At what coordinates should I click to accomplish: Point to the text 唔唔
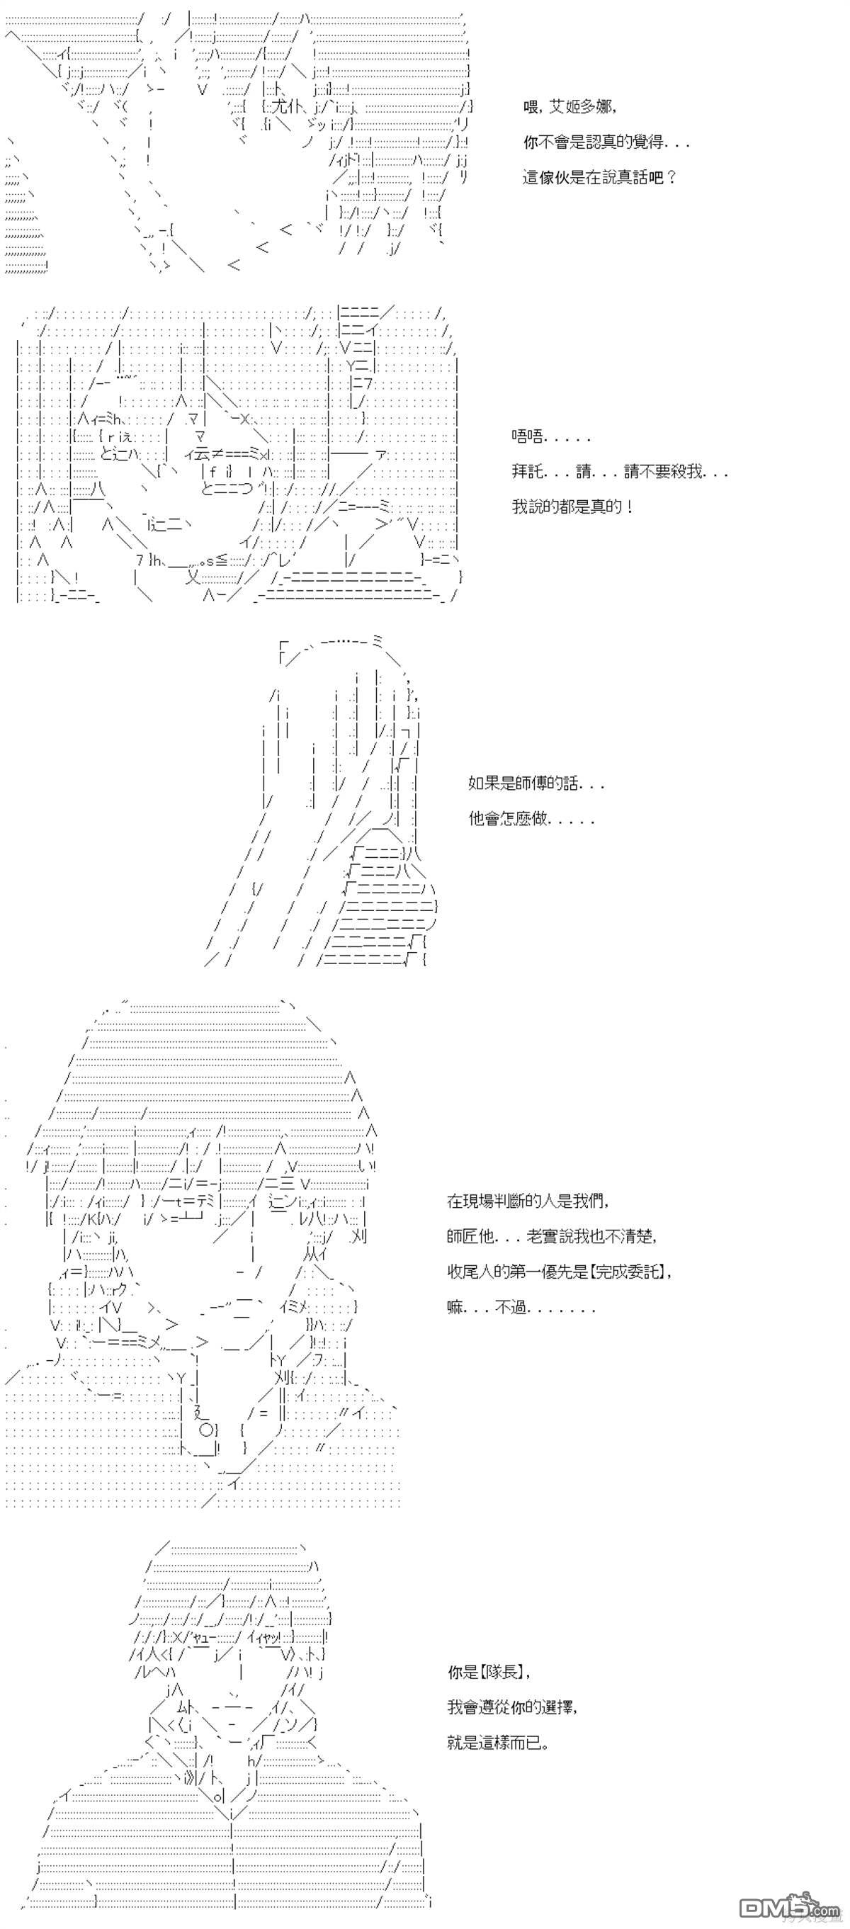tap(528, 436)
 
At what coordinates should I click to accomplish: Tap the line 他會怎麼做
tap(509, 818)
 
